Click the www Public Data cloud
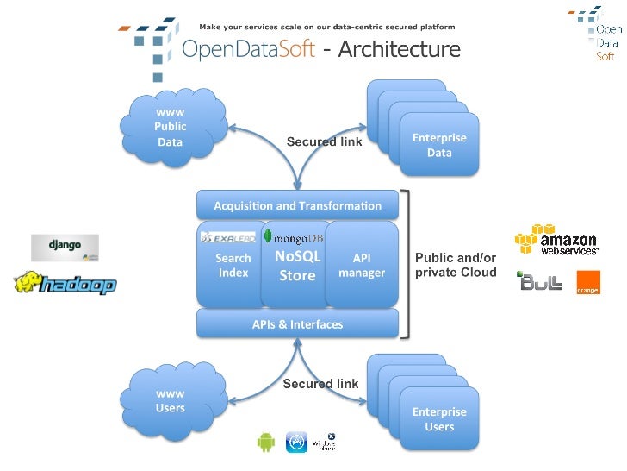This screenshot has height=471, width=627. tap(171, 127)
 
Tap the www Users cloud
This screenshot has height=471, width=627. tap(171, 401)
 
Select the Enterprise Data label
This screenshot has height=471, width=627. tap(439, 145)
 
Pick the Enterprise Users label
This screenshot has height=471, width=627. tap(439, 419)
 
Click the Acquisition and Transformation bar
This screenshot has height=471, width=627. tap(297, 206)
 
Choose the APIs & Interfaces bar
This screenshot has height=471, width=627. tap(297, 324)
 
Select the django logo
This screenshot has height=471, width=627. tap(65, 247)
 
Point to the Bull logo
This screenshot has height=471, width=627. tap(539, 281)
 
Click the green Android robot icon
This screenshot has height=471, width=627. tap(265, 443)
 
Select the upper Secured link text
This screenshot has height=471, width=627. tap(324, 141)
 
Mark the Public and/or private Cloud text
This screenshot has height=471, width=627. tap(456, 265)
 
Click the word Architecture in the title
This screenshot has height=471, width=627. tap(399, 49)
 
